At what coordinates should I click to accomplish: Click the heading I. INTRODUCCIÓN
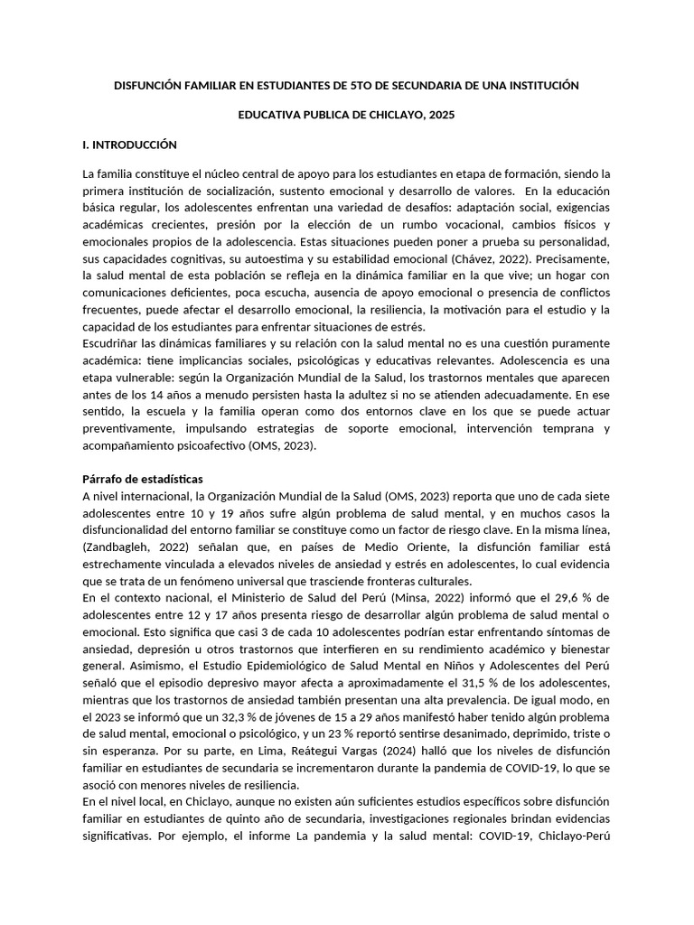[x=129, y=145]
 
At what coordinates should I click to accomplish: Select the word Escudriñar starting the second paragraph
[x=112, y=344]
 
